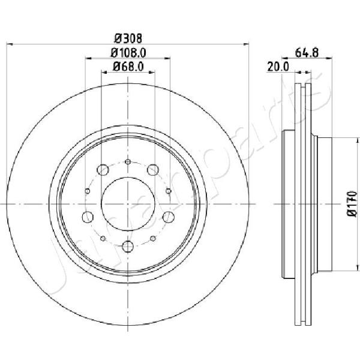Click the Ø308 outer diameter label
(128, 38)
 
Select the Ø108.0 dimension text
(128, 53)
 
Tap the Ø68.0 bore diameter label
(128, 67)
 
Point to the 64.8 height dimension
(307, 53)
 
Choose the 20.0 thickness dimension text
(278, 67)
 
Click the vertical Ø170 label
(352, 204)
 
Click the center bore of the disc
(128, 204)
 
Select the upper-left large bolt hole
(103, 170)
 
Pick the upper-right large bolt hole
(153, 170)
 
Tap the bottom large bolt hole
(128, 247)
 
